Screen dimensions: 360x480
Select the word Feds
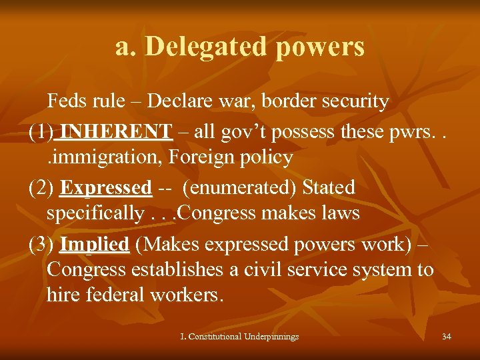coord(68,101)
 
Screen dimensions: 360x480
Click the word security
coord(359,101)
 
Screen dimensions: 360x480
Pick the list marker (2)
coord(42,187)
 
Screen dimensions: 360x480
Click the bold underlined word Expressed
coord(106,187)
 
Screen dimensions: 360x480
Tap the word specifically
coord(91,213)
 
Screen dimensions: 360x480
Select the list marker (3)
coord(42,244)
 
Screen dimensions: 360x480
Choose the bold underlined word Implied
coord(94,244)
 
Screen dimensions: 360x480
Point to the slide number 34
coord(446,337)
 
